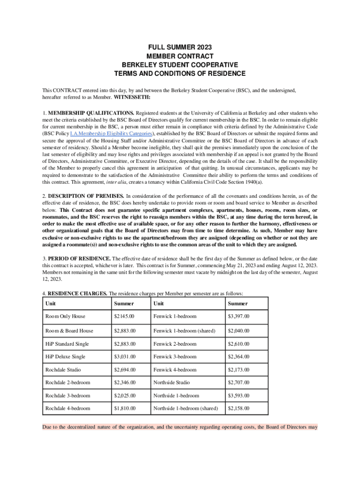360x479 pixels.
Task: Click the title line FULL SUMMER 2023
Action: [x=180, y=48]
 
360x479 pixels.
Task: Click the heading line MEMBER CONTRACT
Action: [x=180, y=56]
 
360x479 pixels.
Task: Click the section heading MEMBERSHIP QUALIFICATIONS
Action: [x=91, y=113]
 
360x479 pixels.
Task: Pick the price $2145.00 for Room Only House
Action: [x=124, y=317]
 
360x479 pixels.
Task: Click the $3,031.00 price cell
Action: [x=124, y=356]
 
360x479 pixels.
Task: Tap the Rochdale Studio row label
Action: [x=63, y=370]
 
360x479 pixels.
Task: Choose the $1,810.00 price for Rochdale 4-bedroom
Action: [x=124, y=408]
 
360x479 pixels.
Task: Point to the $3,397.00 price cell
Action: [x=238, y=317]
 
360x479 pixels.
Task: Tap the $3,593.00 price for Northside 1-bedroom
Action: [x=238, y=396]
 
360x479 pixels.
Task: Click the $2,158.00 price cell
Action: [x=238, y=408]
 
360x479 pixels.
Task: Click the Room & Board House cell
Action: [x=69, y=331]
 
